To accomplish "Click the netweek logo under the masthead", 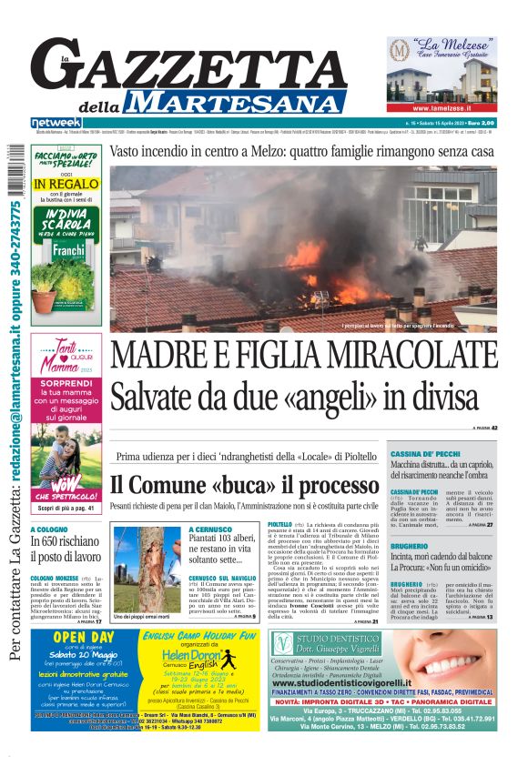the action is (56, 122).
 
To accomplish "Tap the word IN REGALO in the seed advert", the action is (66, 185).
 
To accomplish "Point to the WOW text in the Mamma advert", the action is (66, 480).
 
